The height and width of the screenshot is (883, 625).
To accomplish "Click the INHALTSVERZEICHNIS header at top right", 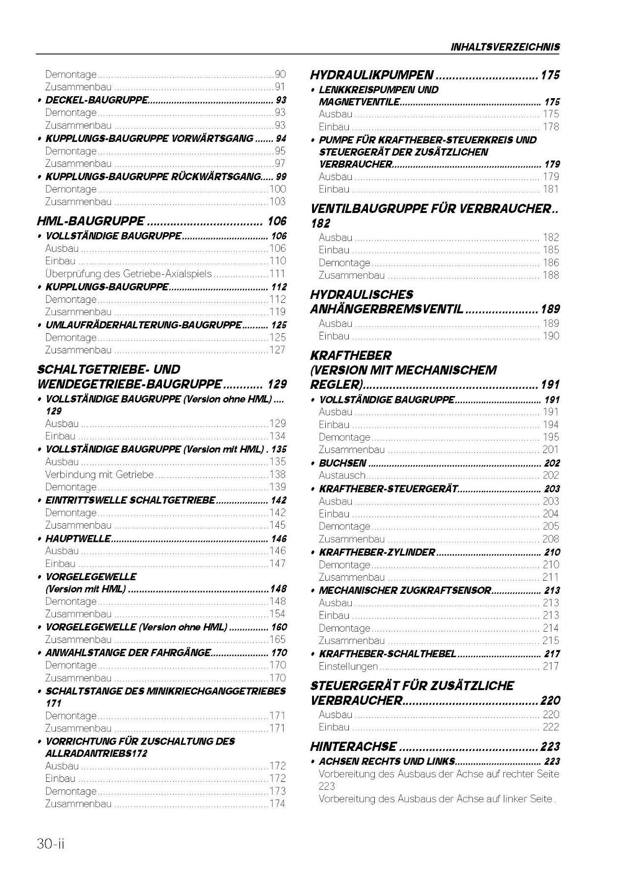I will click(x=505, y=47).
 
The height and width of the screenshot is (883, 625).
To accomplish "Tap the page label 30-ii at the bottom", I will click(x=51, y=844).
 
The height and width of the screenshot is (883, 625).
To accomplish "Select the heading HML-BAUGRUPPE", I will click(x=91, y=221).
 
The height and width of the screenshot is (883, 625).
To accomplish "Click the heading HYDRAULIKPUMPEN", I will click(x=372, y=75).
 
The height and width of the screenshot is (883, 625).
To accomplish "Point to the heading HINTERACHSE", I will click(x=353, y=747).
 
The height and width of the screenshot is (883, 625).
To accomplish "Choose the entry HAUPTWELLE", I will click(x=78, y=539).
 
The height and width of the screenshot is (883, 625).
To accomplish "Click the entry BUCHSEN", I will click(x=342, y=463).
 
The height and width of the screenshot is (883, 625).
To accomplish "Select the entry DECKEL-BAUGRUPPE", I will click(x=97, y=100).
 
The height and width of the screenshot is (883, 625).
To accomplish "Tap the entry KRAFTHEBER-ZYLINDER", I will click(x=377, y=552).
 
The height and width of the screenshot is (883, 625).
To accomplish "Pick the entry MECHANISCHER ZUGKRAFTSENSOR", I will click(x=405, y=590).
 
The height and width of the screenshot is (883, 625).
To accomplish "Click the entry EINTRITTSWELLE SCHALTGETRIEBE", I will click(x=130, y=501).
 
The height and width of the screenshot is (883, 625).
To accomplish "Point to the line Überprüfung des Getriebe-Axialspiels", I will click(x=129, y=274).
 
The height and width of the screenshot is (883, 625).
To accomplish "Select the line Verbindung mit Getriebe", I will click(x=99, y=475).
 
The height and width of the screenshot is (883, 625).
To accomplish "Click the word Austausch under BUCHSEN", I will click(x=342, y=475).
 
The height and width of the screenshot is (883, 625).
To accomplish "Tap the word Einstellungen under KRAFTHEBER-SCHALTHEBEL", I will click(x=348, y=666).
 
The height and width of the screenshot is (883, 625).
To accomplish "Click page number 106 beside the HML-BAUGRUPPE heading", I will click(x=277, y=221).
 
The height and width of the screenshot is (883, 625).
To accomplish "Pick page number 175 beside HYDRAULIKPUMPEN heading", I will click(x=550, y=75).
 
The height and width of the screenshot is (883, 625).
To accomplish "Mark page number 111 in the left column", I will click(x=277, y=274).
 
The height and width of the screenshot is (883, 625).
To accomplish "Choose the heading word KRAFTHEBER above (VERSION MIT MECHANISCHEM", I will click(x=351, y=355).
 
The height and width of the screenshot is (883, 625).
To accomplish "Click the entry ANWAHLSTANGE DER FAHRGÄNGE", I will click(x=128, y=653).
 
